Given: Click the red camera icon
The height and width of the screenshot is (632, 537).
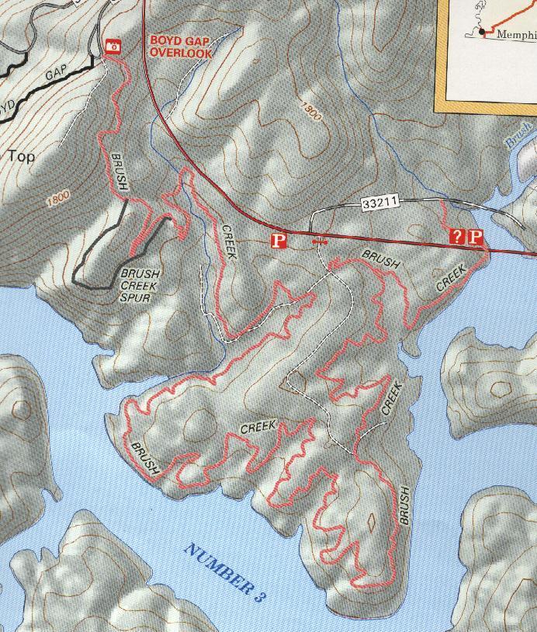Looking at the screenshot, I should [x=114, y=46].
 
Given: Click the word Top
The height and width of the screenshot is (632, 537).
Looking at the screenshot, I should [x=21, y=156].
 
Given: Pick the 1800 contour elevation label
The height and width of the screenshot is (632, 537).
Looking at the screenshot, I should [x=58, y=199].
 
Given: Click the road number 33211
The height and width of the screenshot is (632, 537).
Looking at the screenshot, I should [x=379, y=204].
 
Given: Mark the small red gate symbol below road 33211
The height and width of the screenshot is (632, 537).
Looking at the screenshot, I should [x=317, y=242].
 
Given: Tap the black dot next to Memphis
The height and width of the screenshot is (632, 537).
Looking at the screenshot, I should [x=482, y=32].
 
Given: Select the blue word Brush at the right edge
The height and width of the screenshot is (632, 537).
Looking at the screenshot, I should [x=519, y=134].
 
